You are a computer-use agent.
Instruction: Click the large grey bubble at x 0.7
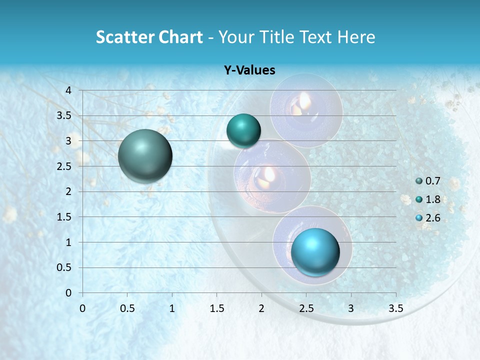pos(145,156)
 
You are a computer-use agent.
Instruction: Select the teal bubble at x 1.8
pos(243,131)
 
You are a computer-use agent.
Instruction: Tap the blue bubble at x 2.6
pos(315,251)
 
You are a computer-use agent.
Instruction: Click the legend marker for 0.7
pos(419,181)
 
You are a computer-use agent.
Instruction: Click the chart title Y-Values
pos(249,70)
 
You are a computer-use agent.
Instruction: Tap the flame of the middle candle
pos(269,173)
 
